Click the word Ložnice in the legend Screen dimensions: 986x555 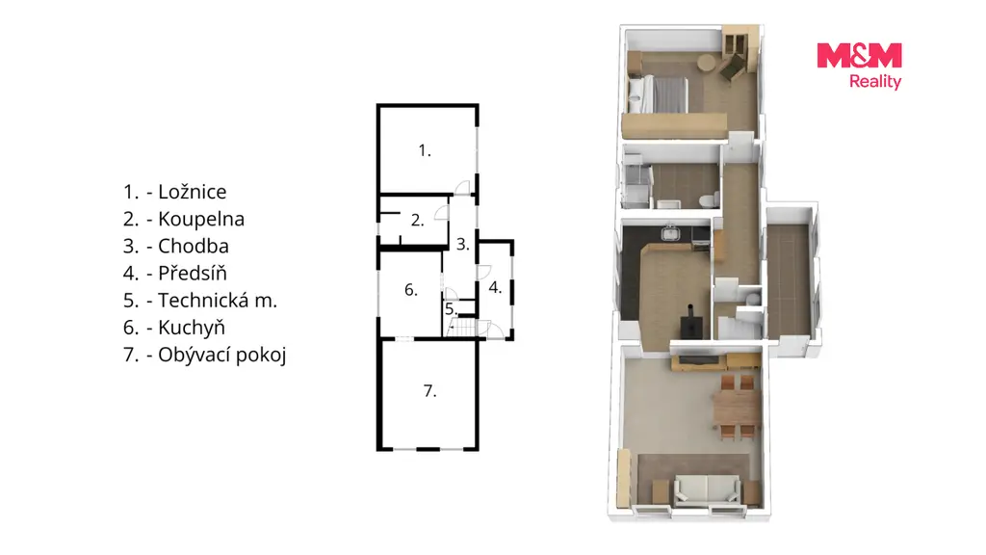pyautogui.click(x=192, y=192)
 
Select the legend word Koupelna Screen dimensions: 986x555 pyautogui.click(x=201, y=219)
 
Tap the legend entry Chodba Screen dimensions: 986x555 pyautogui.click(x=193, y=246)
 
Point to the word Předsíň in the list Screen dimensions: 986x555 pyautogui.click(x=192, y=273)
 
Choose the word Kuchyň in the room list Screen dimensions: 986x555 pyautogui.click(x=192, y=328)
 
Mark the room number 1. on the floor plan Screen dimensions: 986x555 pyautogui.click(x=425, y=150)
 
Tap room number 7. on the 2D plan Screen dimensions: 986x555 pyautogui.click(x=429, y=391)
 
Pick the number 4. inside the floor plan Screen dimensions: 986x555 pyautogui.click(x=495, y=287)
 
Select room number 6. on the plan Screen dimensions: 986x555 pyautogui.click(x=410, y=289)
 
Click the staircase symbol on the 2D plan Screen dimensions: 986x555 pyautogui.click(x=463, y=328)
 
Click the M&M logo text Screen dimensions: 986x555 pyautogui.click(x=859, y=55)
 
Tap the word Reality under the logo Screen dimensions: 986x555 pyautogui.click(x=875, y=81)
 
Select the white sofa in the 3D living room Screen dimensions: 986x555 pyautogui.click(x=707, y=489)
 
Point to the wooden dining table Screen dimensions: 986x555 pyautogui.click(x=737, y=407)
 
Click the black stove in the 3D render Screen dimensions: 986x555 pyautogui.click(x=691, y=324)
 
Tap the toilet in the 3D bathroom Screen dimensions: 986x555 pyautogui.click(x=709, y=200)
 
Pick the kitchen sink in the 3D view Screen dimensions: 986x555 pyautogui.click(x=671, y=233)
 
